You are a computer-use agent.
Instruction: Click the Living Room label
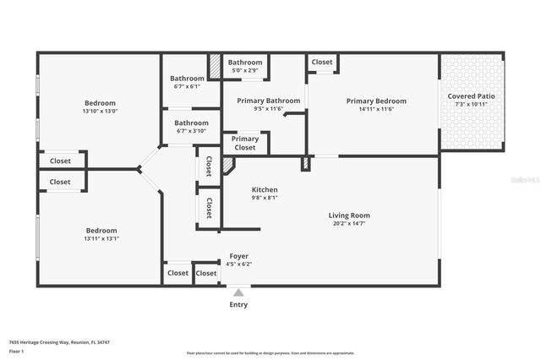click(x=349, y=215)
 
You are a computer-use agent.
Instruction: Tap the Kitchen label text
click(x=265, y=189)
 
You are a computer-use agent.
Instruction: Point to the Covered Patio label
click(x=472, y=96)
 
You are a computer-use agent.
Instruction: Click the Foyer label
click(x=239, y=255)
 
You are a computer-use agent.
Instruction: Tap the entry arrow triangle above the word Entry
click(x=239, y=292)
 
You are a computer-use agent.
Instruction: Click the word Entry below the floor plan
click(x=239, y=304)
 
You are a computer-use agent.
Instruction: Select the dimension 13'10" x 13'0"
click(x=100, y=111)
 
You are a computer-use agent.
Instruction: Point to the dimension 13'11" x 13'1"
click(x=101, y=238)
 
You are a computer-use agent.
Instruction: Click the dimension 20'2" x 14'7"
click(x=349, y=224)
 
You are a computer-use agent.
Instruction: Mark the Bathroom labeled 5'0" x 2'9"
click(x=245, y=62)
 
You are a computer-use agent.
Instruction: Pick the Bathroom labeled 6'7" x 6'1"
click(x=187, y=79)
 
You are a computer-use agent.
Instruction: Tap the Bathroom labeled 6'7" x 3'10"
click(x=187, y=123)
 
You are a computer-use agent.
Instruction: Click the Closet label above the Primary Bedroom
click(x=322, y=62)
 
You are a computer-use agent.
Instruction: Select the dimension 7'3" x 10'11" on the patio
click(x=472, y=105)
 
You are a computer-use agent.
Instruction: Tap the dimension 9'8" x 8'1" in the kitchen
click(x=265, y=198)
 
